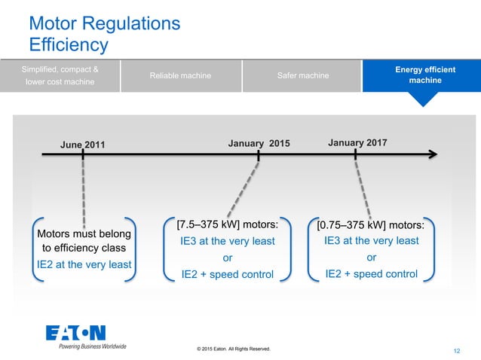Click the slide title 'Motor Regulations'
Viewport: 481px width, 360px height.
tap(104, 23)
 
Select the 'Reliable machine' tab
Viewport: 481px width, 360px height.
tap(180, 76)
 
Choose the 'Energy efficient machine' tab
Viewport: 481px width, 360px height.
tap(424, 75)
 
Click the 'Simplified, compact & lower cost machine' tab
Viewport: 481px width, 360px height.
tap(60, 75)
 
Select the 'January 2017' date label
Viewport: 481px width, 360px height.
tap(359, 142)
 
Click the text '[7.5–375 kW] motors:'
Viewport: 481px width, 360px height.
tap(228, 224)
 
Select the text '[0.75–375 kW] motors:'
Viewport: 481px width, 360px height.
tap(371, 224)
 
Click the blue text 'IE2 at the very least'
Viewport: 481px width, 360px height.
tap(84, 264)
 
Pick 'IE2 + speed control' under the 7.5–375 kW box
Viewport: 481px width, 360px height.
tap(228, 274)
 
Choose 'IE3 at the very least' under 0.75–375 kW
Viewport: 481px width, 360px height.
tap(371, 241)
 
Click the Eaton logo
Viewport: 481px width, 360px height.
tap(75, 333)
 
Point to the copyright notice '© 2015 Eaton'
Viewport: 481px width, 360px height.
tap(232, 349)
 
